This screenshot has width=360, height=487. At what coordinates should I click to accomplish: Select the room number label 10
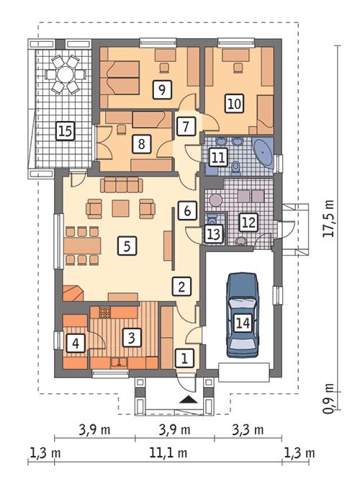(x=233, y=103)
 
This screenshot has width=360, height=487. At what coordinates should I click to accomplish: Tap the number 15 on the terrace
(x=65, y=130)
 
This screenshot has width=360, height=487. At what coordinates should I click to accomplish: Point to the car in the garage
(x=243, y=315)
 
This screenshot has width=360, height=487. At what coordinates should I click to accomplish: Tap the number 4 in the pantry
(x=74, y=344)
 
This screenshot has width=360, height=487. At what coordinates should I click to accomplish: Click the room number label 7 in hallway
(x=186, y=125)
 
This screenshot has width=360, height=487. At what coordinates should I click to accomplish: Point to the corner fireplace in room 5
(x=73, y=291)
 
